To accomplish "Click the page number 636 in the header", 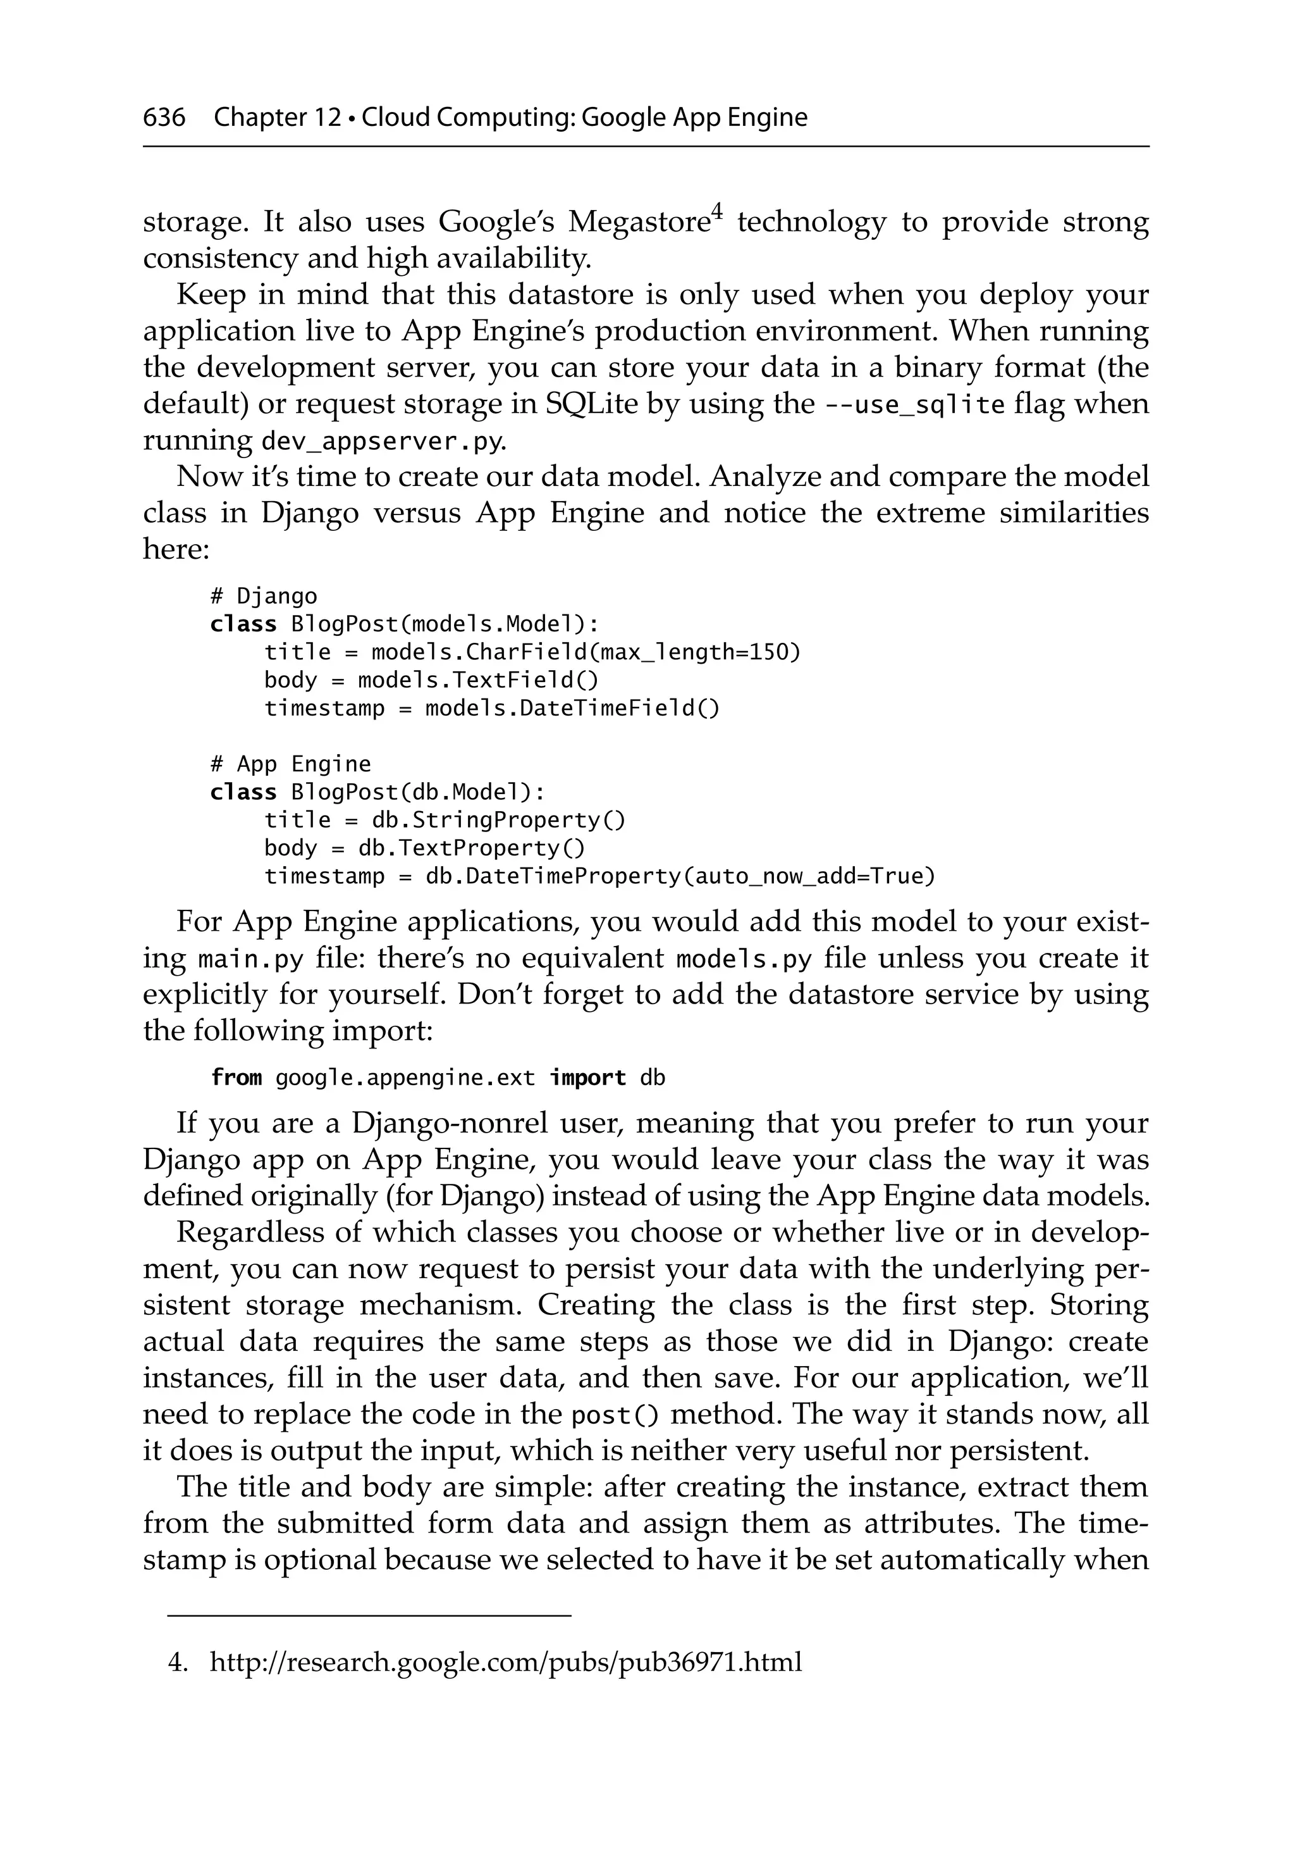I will pyautogui.click(x=164, y=118).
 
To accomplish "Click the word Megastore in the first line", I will pyautogui.click(x=639, y=222).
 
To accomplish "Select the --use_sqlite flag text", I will pyautogui.click(x=914, y=404).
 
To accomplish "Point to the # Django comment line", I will pyautogui.click(x=263, y=597).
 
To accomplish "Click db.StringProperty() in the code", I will pyautogui.click(x=498, y=820).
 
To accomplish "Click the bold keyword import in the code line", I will pyautogui.click(x=587, y=1078).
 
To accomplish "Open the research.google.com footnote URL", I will pyautogui.click(x=505, y=1657).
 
